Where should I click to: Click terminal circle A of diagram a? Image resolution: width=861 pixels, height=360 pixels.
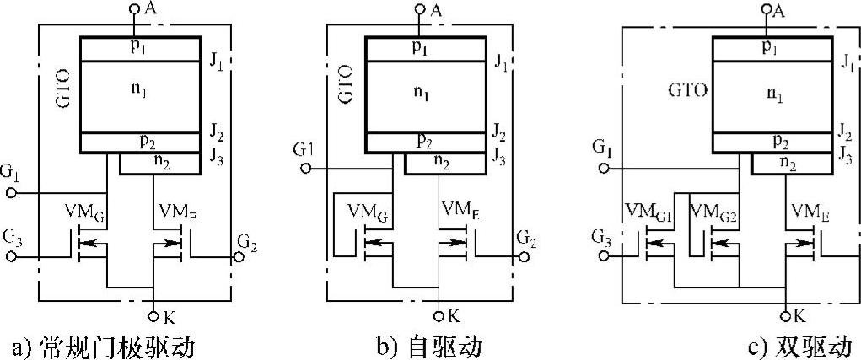click(134, 8)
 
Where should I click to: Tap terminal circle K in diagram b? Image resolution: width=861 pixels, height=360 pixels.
click(439, 316)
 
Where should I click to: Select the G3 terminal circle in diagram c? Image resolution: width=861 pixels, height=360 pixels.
click(604, 256)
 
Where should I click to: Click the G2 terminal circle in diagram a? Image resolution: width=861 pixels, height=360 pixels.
click(239, 256)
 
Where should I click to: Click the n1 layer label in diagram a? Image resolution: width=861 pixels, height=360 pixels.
click(142, 94)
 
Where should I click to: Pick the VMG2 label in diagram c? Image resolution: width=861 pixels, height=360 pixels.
click(713, 212)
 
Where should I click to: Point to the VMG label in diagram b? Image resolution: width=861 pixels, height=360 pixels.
click(369, 212)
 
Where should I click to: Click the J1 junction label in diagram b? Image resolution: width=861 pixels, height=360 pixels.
click(501, 62)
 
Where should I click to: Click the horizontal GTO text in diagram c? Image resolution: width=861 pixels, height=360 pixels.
click(687, 91)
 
